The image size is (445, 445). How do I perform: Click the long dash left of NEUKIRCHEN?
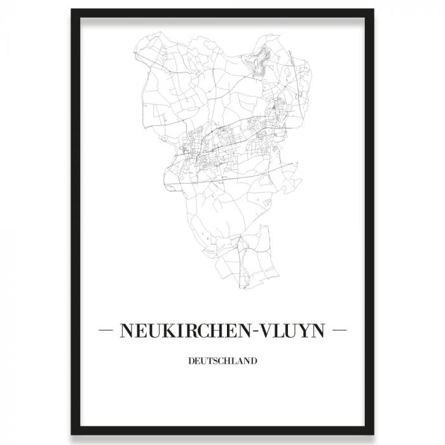pyautogui.click(x=106, y=331)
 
